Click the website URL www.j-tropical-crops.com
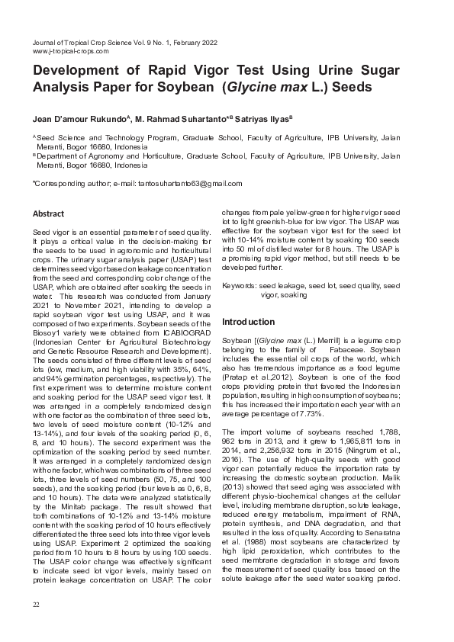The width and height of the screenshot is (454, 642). (x=70, y=51)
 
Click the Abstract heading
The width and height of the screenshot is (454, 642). (x=48, y=213)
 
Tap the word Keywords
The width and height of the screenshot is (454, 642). (x=239, y=286)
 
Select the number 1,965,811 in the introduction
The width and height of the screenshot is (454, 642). (x=343, y=440)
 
